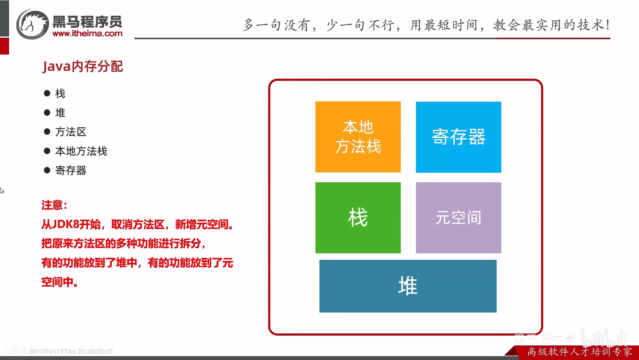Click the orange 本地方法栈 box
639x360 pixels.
[358, 137]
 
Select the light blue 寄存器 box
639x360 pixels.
[458, 137]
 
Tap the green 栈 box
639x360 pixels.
[358, 218]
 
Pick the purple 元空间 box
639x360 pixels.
[458, 218]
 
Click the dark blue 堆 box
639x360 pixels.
[408, 286]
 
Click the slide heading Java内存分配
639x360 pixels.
[83, 66]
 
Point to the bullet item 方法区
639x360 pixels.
[71, 132]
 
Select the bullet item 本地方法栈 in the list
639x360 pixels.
[81, 151]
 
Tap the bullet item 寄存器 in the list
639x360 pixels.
[71, 170]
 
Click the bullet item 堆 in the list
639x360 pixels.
[60, 112]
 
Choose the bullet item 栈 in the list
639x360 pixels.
[60, 94]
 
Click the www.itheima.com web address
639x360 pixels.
[87, 33]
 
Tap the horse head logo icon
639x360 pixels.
[32, 25]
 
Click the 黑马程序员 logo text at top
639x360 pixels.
[87, 22]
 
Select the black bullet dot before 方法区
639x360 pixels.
[47, 132]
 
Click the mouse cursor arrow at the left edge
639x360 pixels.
[2, 190]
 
